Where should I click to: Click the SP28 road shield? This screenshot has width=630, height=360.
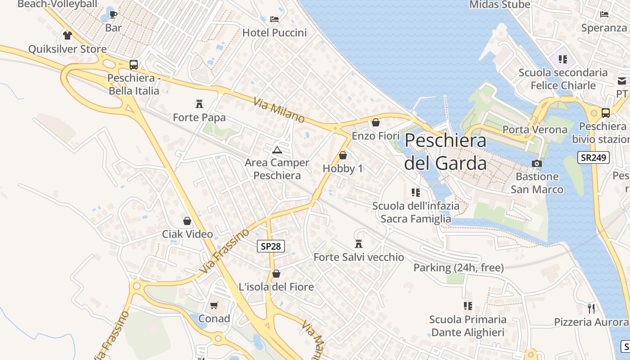click(271, 246)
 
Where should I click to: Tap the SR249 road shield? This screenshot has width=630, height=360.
click(593, 157)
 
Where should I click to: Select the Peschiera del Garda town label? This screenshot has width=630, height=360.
click(445, 152)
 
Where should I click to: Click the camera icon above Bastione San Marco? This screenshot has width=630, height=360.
click(536, 163)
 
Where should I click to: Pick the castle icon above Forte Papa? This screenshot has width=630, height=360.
click(199, 104)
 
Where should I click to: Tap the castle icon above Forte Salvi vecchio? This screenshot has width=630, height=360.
click(359, 244)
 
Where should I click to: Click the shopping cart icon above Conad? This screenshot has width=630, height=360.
click(214, 306)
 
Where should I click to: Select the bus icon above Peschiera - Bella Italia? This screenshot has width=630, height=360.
click(133, 65)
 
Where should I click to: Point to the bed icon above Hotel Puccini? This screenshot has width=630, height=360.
click(274, 19)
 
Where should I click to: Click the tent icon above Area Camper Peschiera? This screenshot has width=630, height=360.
click(277, 149)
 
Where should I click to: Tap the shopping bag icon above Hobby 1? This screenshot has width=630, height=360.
click(343, 155)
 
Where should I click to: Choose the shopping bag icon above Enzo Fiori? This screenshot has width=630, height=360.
click(376, 122)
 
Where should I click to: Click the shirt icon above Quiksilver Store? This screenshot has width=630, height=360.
click(67, 36)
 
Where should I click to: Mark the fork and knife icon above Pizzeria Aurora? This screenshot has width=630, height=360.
click(591, 309)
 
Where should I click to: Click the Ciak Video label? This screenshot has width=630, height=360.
click(187, 234)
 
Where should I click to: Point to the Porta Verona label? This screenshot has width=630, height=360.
click(535, 130)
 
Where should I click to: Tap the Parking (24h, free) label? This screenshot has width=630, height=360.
click(459, 268)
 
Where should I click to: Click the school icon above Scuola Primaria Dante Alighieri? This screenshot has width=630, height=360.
click(468, 306)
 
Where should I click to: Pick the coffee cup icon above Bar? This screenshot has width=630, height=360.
click(113, 14)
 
